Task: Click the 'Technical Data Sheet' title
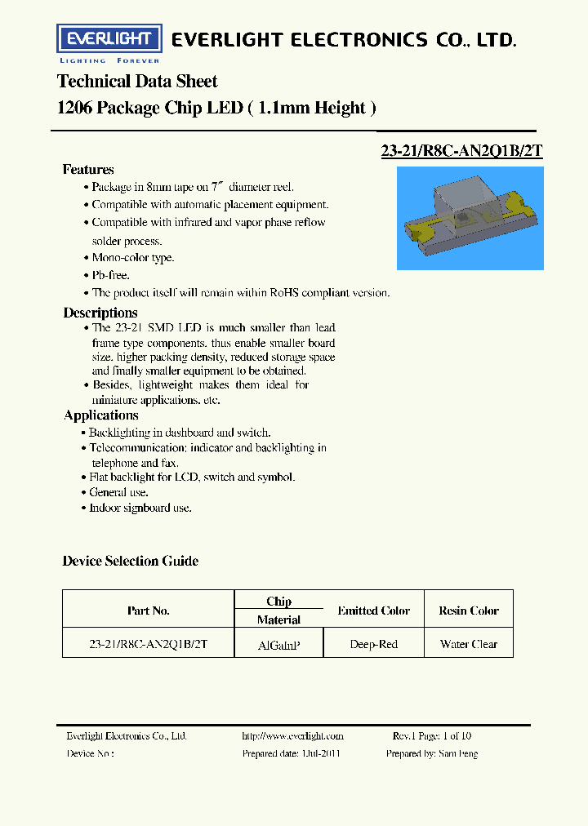point(137,82)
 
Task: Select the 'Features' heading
point(88,170)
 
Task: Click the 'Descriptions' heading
point(100,313)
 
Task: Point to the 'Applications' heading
point(101,415)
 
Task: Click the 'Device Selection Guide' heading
point(131,561)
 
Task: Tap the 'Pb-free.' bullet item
point(110,275)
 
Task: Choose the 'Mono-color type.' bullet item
point(132,258)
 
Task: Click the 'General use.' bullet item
point(118,492)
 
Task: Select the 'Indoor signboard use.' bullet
point(140,508)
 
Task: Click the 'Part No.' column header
point(149,611)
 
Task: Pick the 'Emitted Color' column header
point(373,611)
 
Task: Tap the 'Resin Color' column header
point(469,611)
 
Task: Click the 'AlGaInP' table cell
point(278,645)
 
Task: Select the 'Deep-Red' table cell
point(373,645)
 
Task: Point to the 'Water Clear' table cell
point(469,645)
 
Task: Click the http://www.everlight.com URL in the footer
point(292,736)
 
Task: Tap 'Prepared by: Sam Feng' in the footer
point(432,753)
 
